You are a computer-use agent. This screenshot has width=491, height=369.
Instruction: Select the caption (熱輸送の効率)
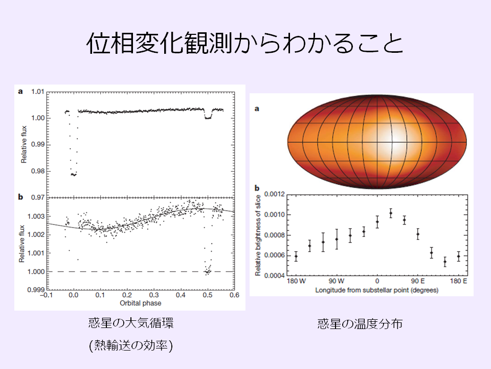click(x=131, y=346)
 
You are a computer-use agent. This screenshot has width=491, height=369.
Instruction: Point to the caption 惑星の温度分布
click(x=360, y=324)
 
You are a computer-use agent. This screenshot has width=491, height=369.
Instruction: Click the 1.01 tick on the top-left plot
click(x=37, y=92)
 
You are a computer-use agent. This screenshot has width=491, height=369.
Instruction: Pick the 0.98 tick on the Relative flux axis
click(x=37, y=171)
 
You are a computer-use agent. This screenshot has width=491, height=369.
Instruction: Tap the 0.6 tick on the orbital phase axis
click(x=234, y=296)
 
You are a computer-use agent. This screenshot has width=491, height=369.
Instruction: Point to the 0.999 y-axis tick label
click(x=35, y=290)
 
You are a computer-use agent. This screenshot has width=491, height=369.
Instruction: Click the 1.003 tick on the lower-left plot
click(x=35, y=217)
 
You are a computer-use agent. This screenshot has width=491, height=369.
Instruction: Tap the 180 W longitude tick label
click(x=295, y=281)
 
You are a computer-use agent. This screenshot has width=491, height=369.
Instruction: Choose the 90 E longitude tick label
click(x=418, y=281)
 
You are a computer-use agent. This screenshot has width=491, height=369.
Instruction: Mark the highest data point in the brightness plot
click(x=391, y=213)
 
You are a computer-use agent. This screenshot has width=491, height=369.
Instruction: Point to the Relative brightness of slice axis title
click(x=258, y=235)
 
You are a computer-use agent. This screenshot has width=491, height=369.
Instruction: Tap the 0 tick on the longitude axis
click(x=377, y=281)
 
